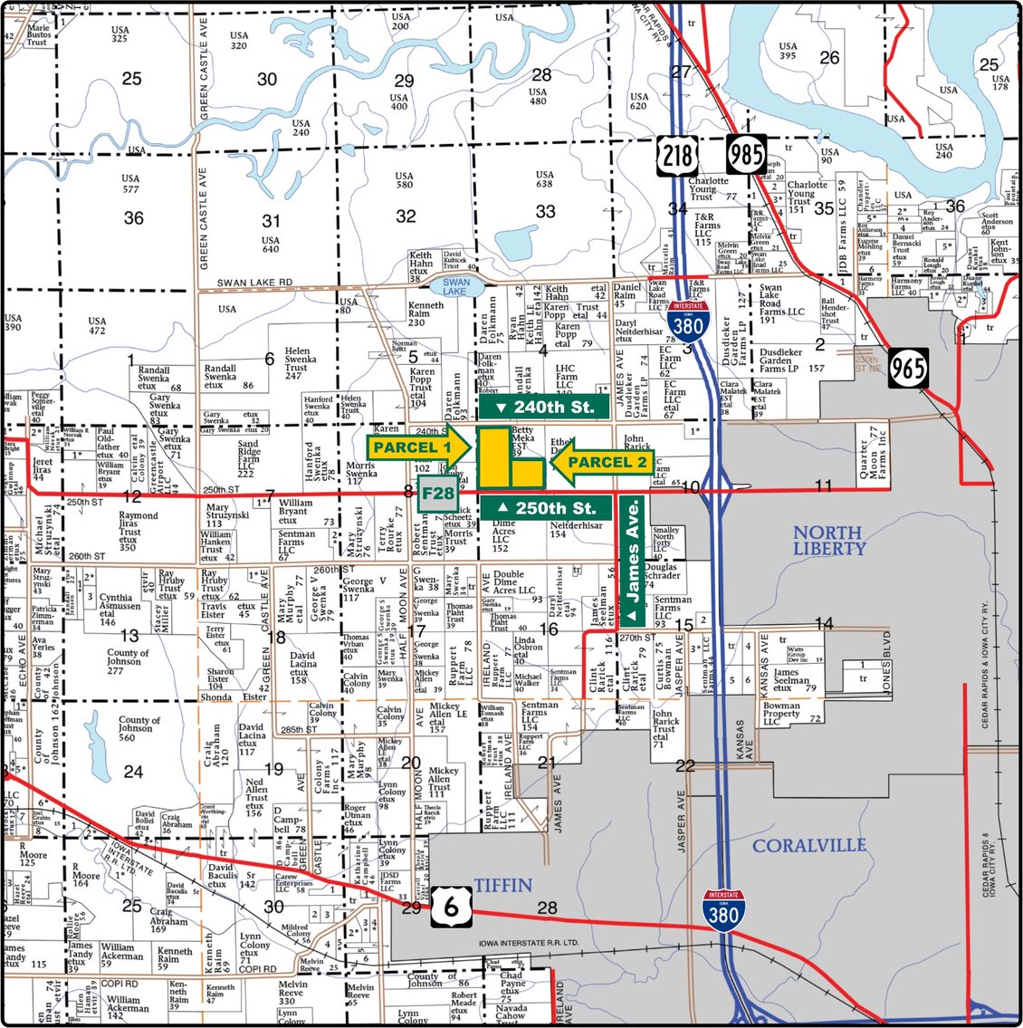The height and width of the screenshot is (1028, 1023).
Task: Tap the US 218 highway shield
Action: click(x=679, y=157)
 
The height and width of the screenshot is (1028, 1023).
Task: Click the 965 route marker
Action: click(x=907, y=367)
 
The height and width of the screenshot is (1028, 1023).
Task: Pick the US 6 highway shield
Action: click(x=450, y=904)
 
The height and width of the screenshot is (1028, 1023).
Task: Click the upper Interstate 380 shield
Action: click(x=688, y=322)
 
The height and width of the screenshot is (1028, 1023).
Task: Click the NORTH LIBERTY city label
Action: click(x=829, y=540)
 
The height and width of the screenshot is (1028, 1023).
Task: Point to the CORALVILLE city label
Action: click(x=809, y=845)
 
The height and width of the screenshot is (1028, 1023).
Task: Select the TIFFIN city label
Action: click(x=502, y=884)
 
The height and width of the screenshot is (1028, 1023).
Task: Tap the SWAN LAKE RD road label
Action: click(x=254, y=283)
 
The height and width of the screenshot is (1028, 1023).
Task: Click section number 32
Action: click(x=406, y=216)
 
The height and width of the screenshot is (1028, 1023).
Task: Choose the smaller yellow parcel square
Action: click(x=527, y=472)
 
